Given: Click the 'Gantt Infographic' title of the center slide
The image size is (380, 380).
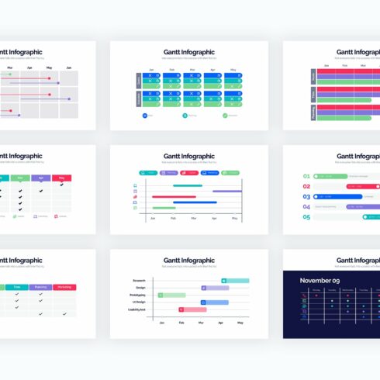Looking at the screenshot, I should (189, 156).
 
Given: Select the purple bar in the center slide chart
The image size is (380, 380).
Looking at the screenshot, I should (226, 192).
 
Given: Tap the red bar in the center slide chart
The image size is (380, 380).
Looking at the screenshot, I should (163, 197).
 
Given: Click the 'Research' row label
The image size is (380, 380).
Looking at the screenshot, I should (140, 279).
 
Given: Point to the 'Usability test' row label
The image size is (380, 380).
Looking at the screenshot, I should (137, 309).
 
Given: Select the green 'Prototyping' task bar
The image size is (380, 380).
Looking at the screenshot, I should (171, 295).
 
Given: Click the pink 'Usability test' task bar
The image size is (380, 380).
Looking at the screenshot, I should (193, 309).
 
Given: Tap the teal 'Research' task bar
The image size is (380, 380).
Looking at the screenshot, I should (235, 280).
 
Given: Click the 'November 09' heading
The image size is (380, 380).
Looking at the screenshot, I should (320, 280).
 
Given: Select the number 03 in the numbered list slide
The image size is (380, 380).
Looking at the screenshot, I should (306, 197).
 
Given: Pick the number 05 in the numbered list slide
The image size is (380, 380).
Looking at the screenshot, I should (306, 217).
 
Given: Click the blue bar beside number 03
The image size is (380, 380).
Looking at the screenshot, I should (340, 197).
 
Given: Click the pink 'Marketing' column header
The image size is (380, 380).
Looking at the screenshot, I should (64, 287).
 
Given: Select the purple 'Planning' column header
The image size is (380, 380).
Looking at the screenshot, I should (40, 287).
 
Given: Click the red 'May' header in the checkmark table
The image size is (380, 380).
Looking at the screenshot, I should (62, 178).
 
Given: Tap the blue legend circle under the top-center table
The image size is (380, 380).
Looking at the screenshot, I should (144, 115).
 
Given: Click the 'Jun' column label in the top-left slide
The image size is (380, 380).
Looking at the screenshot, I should (69, 68).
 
